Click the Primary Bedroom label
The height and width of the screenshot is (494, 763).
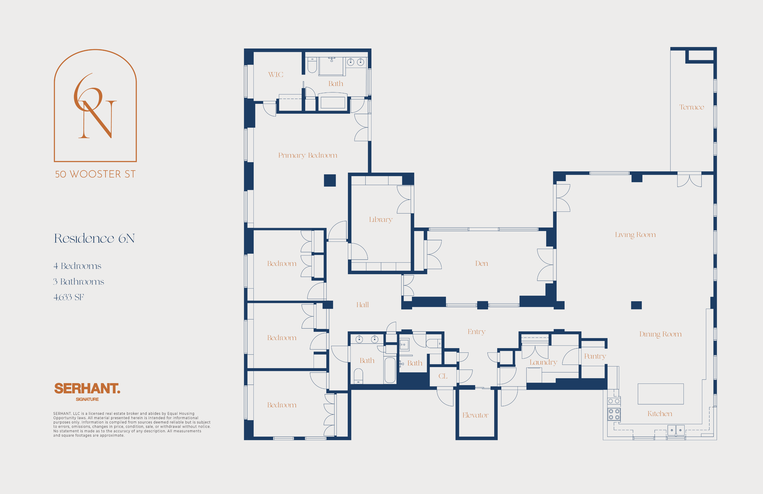pyautogui.click(x=307, y=156)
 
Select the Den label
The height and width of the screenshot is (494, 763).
pyautogui.click(x=482, y=263)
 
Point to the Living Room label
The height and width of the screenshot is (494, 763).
pyautogui.click(x=635, y=235)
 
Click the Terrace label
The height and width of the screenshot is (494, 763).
pyautogui.click(x=691, y=107)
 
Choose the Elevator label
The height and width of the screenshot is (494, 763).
pyautogui.click(x=475, y=415)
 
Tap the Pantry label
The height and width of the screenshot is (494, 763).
pyautogui.click(x=595, y=356)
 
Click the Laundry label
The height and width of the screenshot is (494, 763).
pyautogui.click(x=543, y=362)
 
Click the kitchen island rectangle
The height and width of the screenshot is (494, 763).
pyautogui.click(x=660, y=394)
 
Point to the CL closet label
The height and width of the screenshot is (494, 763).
pyautogui.click(x=443, y=376)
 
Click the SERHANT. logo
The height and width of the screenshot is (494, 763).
pyautogui.click(x=87, y=389)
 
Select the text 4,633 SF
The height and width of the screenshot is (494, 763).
pyautogui.click(x=69, y=297)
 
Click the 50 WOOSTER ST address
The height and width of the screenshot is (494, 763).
pyautogui.click(x=95, y=174)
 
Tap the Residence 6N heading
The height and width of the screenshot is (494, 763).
pyautogui.click(x=94, y=238)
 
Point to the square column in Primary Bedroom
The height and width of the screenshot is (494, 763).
pyautogui.click(x=330, y=180)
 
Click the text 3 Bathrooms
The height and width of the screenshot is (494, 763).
pyautogui.click(x=79, y=282)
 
